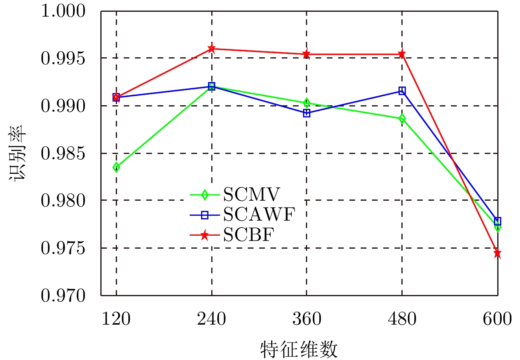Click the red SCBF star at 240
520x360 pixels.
pyautogui.click(x=211, y=49)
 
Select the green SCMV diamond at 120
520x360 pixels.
pyautogui.click(x=116, y=167)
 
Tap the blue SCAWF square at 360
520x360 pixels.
pyautogui.click(x=307, y=113)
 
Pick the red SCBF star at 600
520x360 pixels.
pyautogui.click(x=497, y=254)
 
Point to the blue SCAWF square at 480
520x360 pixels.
pyautogui.click(x=402, y=91)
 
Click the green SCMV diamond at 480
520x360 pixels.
pyautogui.click(x=402, y=119)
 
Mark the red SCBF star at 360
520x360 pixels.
pyautogui.click(x=307, y=54)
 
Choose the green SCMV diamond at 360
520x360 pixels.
pyautogui.click(x=307, y=103)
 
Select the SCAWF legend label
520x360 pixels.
pyautogui.click(x=259, y=215)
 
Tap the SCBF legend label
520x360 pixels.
pyautogui.click(x=247, y=235)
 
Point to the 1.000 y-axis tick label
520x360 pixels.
pyautogui.click(x=65, y=11)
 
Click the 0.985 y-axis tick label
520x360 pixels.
pyautogui.click(x=65, y=154)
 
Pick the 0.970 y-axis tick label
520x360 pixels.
pyautogui.click(x=65, y=296)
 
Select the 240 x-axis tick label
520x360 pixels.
pyautogui.click(x=211, y=319)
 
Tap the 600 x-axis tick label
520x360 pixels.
pyautogui.click(x=497, y=319)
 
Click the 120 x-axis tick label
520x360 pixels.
pyautogui.click(x=116, y=319)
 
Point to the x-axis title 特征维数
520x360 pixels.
pyautogui.click(x=299, y=349)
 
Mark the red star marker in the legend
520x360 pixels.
pyautogui.click(x=205, y=235)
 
